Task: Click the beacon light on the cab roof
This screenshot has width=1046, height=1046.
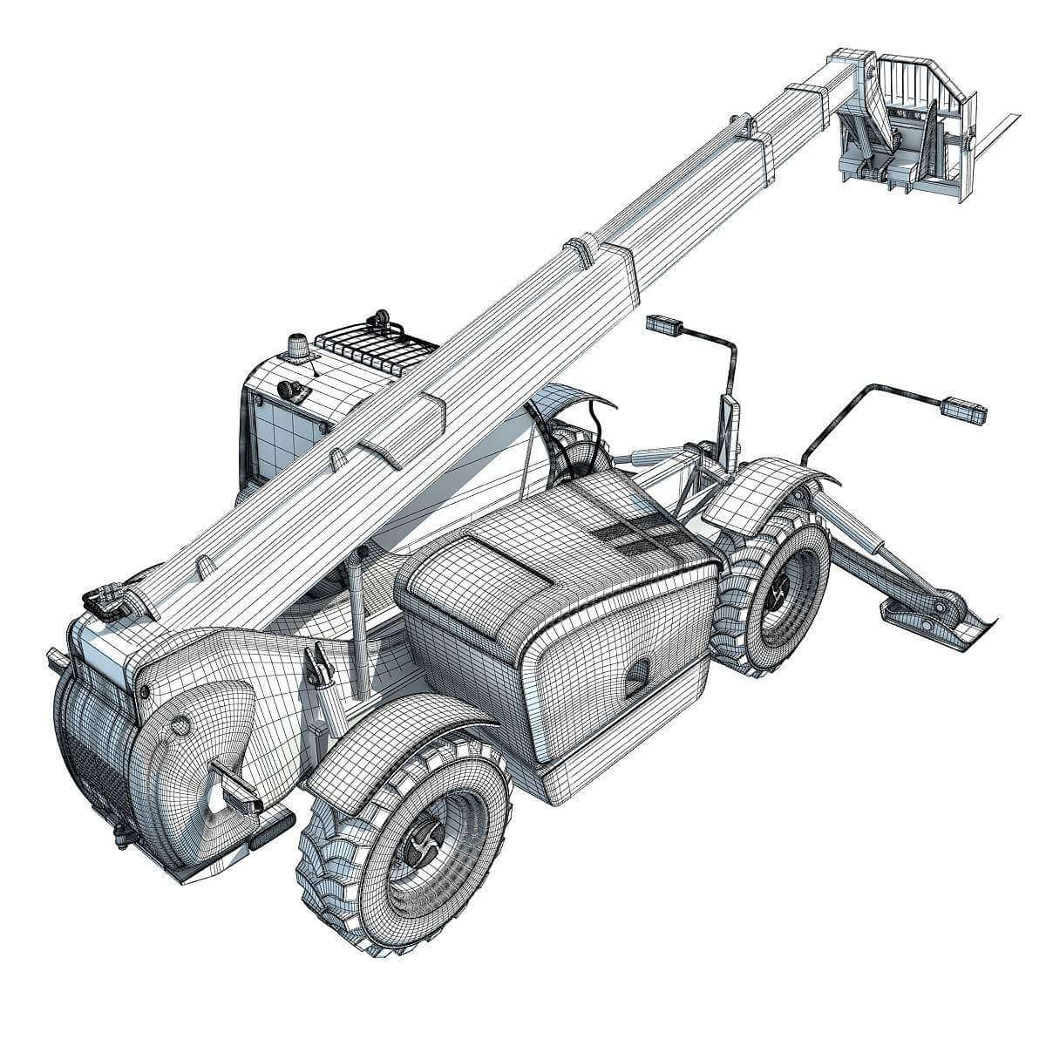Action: tap(295, 346)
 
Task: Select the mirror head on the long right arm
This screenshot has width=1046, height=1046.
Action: tap(962, 407)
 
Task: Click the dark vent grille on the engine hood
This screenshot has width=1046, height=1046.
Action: tap(635, 535)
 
